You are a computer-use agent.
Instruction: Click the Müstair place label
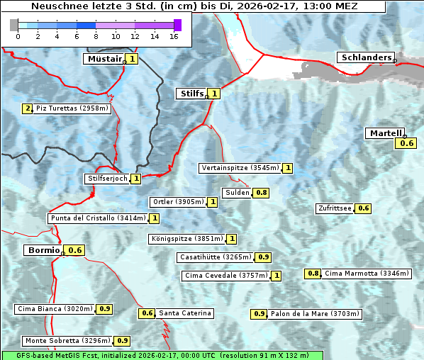(104, 59)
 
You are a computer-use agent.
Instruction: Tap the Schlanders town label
(365, 57)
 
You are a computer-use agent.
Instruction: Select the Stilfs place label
(191, 93)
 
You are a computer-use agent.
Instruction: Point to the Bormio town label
(43, 250)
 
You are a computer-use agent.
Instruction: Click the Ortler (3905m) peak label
(178, 202)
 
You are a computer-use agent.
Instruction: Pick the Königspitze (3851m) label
(186, 239)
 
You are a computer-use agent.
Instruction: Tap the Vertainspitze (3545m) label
(240, 168)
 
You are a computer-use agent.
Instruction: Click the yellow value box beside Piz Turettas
(27, 108)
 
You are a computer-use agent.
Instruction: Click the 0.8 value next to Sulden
(262, 193)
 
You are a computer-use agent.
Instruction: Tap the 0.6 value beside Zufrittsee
(363, 208)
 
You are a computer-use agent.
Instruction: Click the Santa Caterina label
(184, 313)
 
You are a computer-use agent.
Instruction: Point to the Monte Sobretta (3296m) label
(68, 341)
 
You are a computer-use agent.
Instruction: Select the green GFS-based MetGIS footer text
(162, 354)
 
